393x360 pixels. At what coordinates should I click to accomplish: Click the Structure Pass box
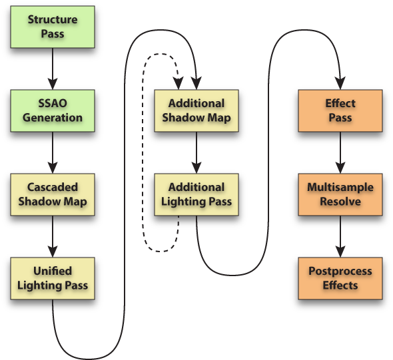pyautogui.click(x=53, y=27)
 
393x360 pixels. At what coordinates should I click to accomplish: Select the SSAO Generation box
pyautogui.click(x=53, y=110)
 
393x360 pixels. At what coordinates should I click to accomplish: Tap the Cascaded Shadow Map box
pyautogui.click(x=53, y=194)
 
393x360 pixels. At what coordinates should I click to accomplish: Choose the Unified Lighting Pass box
pyautogui.click(x=53, y=278)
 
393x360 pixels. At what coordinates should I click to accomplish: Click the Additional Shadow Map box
pyautogui.click(x=196, y=110)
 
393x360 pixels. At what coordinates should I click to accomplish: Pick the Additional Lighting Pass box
pyautogui.click(x=196, y=194)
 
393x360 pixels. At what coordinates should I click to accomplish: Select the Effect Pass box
pyautogui.click(x=340, y=110)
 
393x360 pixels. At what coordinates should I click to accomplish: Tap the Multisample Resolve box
pyautogui.click(x=340, y=194)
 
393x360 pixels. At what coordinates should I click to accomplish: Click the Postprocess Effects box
pyautogui.click(x=340, y=278)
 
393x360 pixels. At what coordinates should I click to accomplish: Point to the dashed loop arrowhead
pyautogui.click(x=179, y=83)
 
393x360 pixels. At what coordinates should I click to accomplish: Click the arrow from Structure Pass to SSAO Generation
pyautogui.click(x=53, y=69)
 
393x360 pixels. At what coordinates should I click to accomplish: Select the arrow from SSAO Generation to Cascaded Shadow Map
pyautogui.click(x=53, y=152)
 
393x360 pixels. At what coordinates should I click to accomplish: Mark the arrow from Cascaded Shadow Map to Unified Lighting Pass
pyautogui.click(x=53, y=237)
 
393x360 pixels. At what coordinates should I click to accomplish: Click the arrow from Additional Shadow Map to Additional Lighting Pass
pyautogui.click(x=196, y=152)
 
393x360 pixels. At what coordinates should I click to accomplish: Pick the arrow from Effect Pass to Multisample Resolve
pyautogui.click(x=340, y=152)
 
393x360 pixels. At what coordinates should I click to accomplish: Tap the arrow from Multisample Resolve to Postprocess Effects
pyautogui.click(x=340, y=237)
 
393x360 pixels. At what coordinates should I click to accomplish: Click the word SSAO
pyautogui.click(x=53, y=103)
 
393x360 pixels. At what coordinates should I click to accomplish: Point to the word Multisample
pyautogui.click(x=340, y=188)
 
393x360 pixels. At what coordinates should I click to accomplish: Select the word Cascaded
pyautogui.click(x=53, y=187)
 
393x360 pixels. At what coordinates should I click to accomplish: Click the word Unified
pyautogui.click(x=53, y=271)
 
